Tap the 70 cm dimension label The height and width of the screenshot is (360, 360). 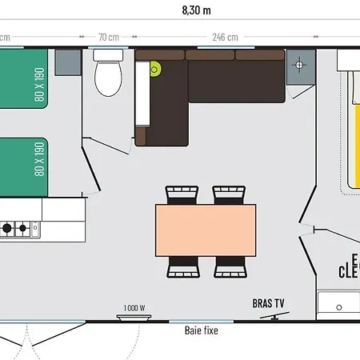click(x=109, y=37)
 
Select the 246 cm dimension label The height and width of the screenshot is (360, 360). click(x=225, y=37)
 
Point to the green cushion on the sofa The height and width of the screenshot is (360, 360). click(x=154, y=69)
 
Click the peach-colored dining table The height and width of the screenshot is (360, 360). click(x=206, y=230)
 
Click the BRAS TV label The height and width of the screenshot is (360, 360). click(x=269, y=303)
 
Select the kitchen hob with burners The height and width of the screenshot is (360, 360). click(x=16, y=228)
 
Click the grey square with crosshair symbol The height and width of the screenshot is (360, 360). click(x=301, y=64)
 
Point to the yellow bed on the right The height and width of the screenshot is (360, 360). click(x=350, y=128)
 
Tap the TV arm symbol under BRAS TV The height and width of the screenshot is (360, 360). click(x=272, y=316)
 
